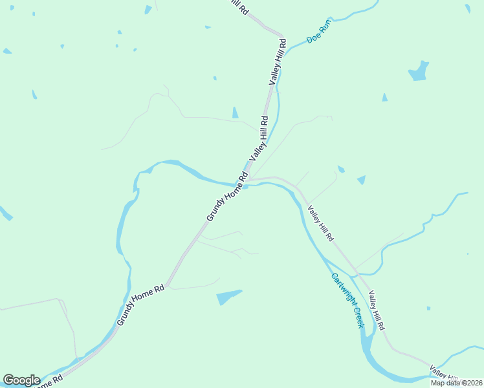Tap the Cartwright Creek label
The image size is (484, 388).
point(347,300)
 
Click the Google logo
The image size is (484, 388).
point(21,380)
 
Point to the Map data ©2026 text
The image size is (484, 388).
point(456,383)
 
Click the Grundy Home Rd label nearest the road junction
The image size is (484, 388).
point(227,197)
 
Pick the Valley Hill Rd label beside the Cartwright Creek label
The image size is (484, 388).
point(377,309)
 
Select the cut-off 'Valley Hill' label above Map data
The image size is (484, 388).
point(444,372)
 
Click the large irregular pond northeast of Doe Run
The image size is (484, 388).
point(418,71)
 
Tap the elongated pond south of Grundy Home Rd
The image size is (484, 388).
point(228,297)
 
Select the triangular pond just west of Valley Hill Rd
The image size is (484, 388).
point(235,113)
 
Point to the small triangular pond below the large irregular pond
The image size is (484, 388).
point(384,98)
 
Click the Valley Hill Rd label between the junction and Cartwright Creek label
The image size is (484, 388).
point(320,223)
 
